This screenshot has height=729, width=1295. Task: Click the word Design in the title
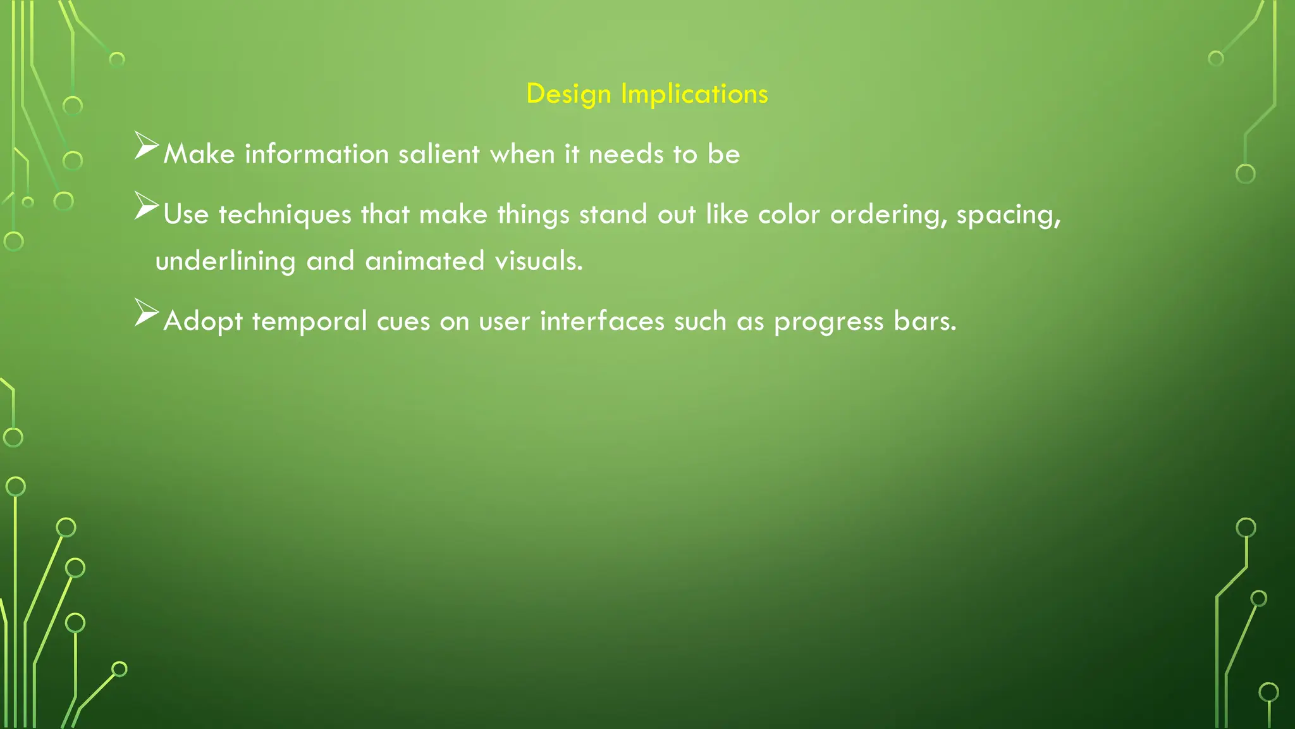[568, 94]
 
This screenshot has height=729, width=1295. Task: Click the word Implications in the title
[694, 94]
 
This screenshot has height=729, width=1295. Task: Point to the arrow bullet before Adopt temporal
[147, 313]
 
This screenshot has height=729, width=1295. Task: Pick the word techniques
[285, 215]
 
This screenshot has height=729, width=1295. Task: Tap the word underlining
[225, 261]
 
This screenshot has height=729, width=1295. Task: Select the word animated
[425, 261]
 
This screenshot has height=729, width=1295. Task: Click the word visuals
[538, 261]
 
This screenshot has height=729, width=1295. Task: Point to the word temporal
[309, 321]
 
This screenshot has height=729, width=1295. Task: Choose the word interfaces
[602, 321]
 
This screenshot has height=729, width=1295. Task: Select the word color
[789, 215]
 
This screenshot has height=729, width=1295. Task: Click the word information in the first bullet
[317, 154]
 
